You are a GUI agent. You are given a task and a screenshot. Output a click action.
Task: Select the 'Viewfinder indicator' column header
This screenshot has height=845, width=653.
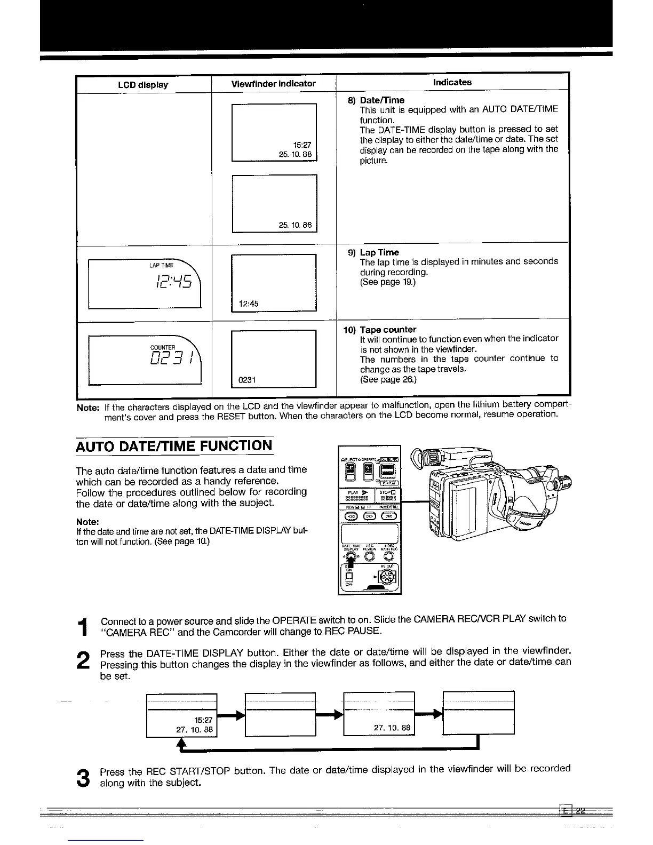coord(273,84)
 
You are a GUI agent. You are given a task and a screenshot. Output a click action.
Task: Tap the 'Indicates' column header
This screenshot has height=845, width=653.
coord(452,82)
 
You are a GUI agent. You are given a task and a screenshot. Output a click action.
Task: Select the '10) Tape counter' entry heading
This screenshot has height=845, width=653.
coord(379,330)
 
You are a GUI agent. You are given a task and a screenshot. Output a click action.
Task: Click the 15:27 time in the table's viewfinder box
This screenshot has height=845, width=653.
coord(302,145)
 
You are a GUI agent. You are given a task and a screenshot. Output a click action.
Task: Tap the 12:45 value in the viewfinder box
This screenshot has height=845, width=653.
coord(249,304)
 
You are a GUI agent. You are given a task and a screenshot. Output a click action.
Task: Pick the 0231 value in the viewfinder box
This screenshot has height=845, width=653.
coord(248,380)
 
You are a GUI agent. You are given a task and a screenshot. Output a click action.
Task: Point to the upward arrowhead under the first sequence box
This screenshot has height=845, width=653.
coord(182,743)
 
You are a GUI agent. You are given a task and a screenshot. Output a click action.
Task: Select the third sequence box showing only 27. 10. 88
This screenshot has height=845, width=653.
coord(379,714)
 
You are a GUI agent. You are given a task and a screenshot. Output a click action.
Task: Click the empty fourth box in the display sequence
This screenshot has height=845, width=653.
coord(479,713)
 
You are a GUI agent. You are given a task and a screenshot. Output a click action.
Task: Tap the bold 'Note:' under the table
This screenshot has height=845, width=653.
coord(87,408)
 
